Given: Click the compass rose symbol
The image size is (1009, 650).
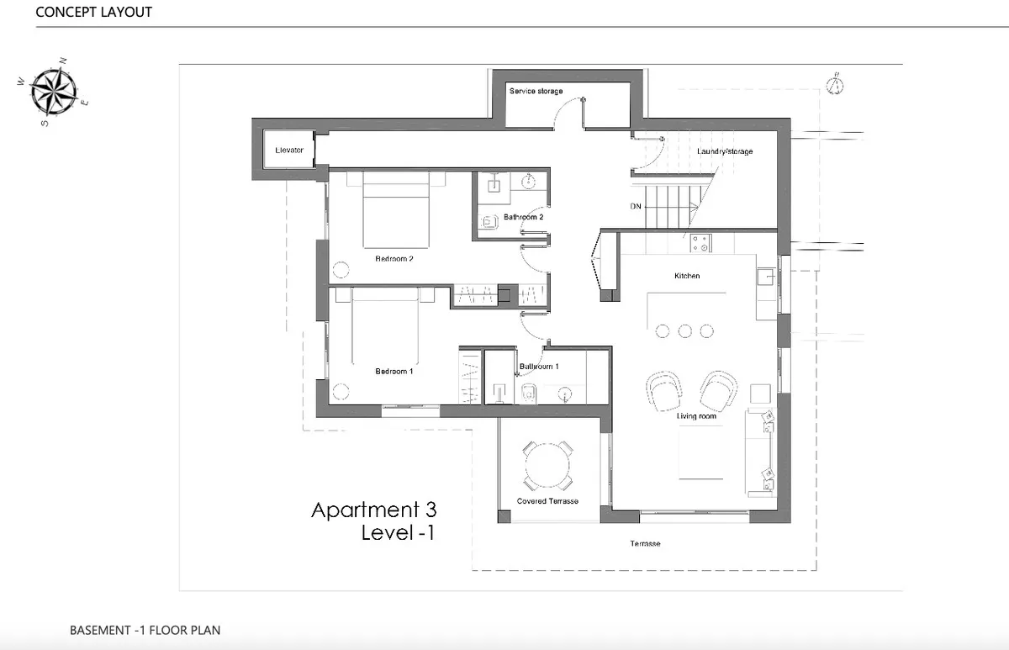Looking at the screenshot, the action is (x=54, y=92).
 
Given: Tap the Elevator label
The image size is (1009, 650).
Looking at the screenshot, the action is (x=289, y=150).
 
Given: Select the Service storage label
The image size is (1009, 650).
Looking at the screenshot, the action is (x=536, y=91).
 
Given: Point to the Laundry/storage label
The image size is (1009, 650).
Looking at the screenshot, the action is (x=725, y=151).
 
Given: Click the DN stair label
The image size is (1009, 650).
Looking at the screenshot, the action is (x=636, y=206).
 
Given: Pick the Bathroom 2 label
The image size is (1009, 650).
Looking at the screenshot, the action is (x=523, y=217).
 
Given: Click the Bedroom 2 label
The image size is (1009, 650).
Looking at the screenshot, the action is (x=394, y=258).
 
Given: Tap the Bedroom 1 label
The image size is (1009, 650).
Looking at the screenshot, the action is (x=394, y=371).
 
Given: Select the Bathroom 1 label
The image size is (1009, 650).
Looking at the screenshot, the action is (x=539, y=367).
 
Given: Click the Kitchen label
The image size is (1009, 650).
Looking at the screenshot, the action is (x=687, y=276).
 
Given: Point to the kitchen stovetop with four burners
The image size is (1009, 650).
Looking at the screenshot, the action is (x=700, y=243).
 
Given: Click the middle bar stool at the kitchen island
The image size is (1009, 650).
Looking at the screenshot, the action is (x=684, y=331).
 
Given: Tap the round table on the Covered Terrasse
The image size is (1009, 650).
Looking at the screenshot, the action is (x=547, y=465).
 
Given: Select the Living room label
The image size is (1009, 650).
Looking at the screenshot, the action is (x=696, y=416).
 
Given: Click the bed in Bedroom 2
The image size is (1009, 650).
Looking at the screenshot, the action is (x=396, y=209).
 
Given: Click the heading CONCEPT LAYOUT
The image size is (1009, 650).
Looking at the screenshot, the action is (x=93, y=12).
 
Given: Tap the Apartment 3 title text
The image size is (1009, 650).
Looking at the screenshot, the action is (x=374, y=510).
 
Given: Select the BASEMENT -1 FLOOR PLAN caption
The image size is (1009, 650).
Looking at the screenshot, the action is (x=145, y=630).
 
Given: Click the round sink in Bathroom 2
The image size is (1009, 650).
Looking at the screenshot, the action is (x=528, y=182).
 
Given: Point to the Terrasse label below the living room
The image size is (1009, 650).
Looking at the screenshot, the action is (x=645, y=544).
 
